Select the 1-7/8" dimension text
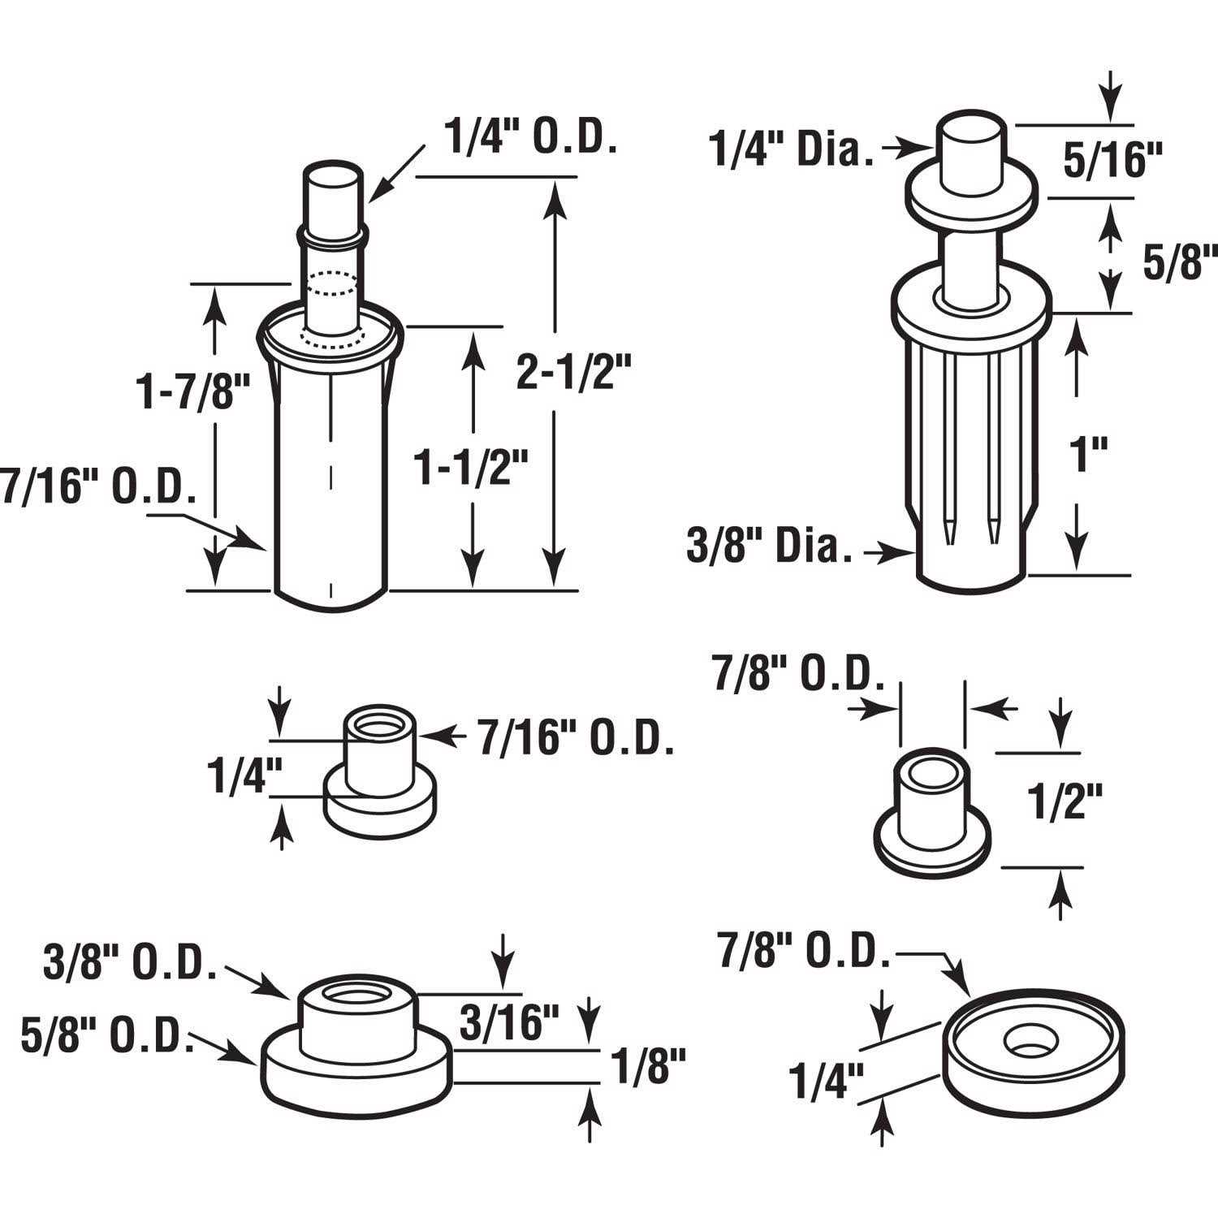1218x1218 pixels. tap(192, 393)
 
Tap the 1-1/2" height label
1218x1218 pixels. tap(472, 469)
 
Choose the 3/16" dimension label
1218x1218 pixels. tap(510, 1022)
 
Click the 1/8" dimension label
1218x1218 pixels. tap(648, 1067)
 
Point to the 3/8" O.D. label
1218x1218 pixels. tap(129, 964)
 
